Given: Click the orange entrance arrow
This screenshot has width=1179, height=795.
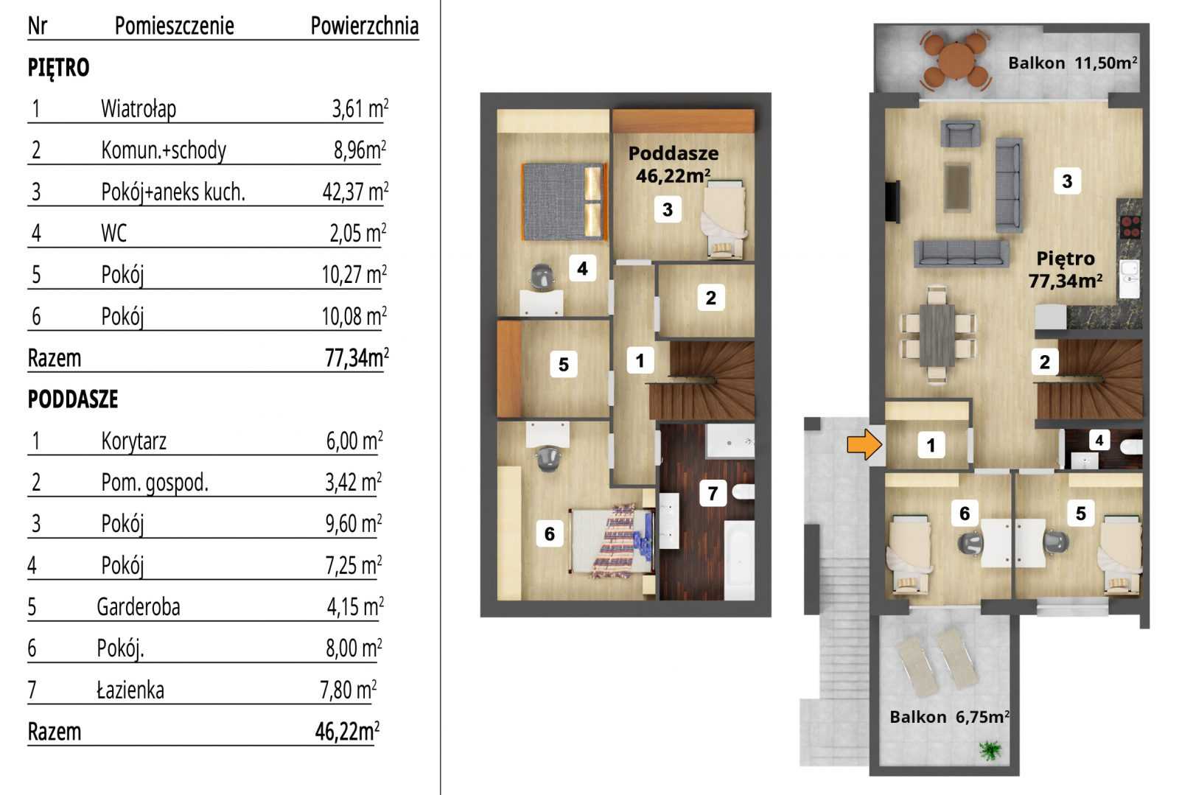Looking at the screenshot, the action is [x=864, y=444].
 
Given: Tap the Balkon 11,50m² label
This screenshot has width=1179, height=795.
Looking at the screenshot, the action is [x=1073, y=63].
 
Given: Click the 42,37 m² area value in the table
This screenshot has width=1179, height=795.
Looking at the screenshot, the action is [x=355, y=192].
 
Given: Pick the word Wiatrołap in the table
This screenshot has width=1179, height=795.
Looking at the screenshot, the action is [x=139, y=109].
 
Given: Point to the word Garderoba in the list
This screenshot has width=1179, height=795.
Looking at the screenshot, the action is [x=139, y=606].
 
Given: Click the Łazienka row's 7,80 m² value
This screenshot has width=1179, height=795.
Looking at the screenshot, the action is [x=348, y=690].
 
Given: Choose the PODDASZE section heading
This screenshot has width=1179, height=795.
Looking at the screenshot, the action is [x=73, y=399].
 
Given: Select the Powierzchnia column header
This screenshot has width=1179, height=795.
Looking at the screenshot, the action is [x=364, y=26].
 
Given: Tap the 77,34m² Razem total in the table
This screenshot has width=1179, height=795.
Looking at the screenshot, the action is [x=357, y=358].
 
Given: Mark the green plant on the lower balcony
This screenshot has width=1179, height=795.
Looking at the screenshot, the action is [x=990, y=750].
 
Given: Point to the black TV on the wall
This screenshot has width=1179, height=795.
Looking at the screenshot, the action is [x=892, y=201].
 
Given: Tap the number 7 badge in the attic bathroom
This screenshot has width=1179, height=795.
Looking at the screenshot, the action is [x=713, y=493].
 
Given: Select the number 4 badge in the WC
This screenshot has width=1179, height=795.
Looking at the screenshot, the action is [x=1099, y=440].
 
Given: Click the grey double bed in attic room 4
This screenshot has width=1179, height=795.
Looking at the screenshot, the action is [x=564, y=201].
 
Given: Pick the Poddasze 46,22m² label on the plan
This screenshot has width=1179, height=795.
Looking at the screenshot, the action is [x=674, y=164].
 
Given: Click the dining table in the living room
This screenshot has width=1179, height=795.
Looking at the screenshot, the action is [x=937, y=335].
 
